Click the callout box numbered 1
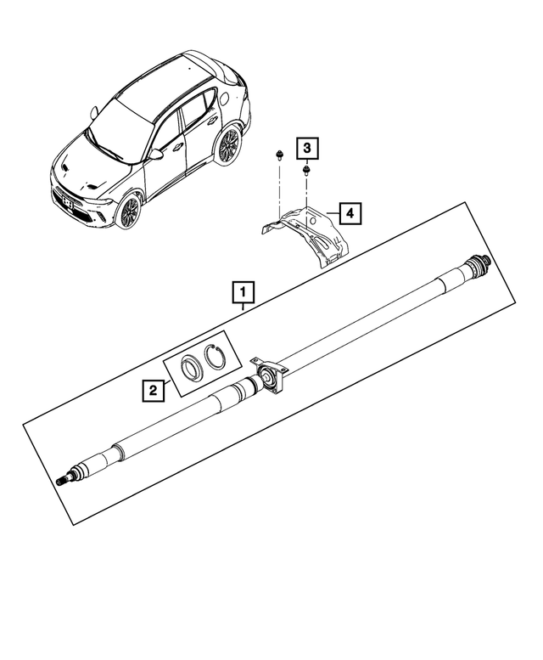coord(244,293)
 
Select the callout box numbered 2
coord(153,390)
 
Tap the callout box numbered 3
coord(307,148)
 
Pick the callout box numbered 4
coord(350,213)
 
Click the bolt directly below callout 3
coord(306,171)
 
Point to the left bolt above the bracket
coord(278,155)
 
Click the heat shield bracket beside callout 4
coord(305,235)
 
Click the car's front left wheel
coord(129,212)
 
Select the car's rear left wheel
coord(227,145)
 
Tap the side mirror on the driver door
coord(156,154)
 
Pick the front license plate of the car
coord(65,203)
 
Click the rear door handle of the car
coord(212,121)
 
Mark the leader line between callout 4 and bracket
coord(333,213)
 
